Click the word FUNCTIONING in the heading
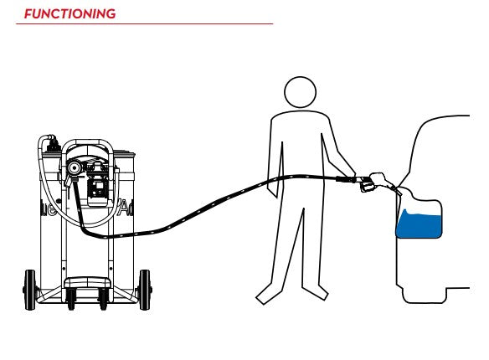(x=69, y=14)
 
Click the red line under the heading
(x=144, y=23)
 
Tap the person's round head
(x=301, y=92)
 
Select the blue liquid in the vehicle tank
(x=419, y=224)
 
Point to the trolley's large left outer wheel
(x=30, y=290)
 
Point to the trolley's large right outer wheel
(x=145, y=290)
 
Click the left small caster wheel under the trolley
(x=71, y=299)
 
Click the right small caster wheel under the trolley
(x=103, y=299)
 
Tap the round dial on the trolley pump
(x=75, y=168)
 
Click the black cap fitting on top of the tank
(x=53, y=145)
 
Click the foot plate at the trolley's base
(x=88, y=283)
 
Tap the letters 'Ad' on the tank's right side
(x=126, y=208)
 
